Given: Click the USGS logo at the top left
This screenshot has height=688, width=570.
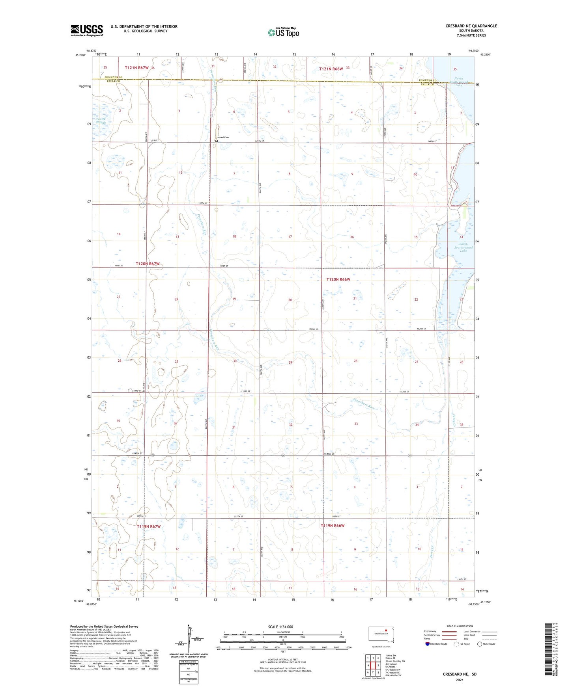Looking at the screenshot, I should tap(87, 30).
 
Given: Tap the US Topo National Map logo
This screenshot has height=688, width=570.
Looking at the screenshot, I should tap(283, 32).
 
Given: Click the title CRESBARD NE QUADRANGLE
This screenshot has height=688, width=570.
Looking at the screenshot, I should tap(471, 26).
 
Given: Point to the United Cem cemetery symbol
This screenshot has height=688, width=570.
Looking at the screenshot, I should tap(217, 141).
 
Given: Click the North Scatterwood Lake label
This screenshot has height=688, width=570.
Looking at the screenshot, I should tap(459, 82).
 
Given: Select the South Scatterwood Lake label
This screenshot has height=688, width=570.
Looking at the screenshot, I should tap(463, 247).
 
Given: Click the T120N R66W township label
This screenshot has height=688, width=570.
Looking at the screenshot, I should tap(338, 279).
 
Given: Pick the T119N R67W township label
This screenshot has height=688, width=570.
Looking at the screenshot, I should tap(149, 526).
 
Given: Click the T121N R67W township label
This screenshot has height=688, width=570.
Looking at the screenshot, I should tap(136, 68).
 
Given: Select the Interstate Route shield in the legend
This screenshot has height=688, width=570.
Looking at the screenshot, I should tap(428, 644).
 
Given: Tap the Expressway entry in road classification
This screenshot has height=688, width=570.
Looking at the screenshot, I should tap(431, 631).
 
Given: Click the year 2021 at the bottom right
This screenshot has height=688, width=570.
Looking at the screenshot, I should tap(460, 680).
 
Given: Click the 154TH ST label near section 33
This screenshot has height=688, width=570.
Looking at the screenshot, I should tap(329, 454).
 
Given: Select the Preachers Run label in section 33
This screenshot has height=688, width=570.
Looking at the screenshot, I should tap(363, 405).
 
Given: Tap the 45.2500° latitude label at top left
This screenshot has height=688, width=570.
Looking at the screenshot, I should tap(80, 55).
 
